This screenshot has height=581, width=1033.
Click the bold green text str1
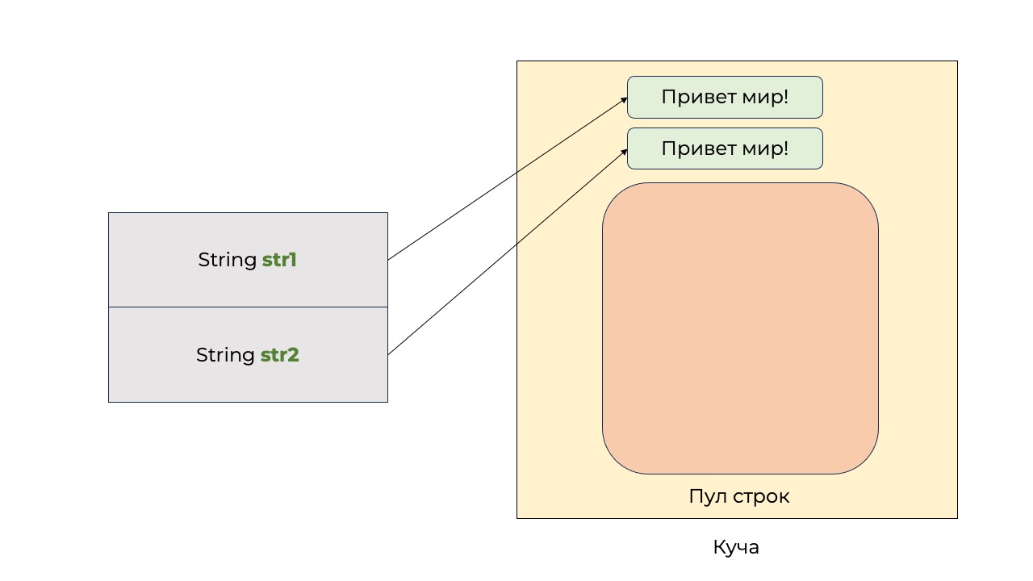(279, 261)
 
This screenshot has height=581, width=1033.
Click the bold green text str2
(279, 355)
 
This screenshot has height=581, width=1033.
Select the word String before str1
(228, 261)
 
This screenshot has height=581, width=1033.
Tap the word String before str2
(226, 355)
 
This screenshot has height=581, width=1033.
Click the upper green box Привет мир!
(725, 98)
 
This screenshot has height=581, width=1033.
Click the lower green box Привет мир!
(725, 148)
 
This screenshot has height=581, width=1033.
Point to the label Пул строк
(738, 496)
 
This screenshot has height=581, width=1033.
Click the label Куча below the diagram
(736, 547)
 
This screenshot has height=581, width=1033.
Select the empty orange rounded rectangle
(740, 328)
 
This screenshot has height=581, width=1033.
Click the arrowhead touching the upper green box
(624, 99)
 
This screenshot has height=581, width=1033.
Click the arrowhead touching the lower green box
(624, 150)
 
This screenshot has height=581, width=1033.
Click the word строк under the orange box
(762, 496)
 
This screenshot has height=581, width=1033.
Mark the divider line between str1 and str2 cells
(248, 307)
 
